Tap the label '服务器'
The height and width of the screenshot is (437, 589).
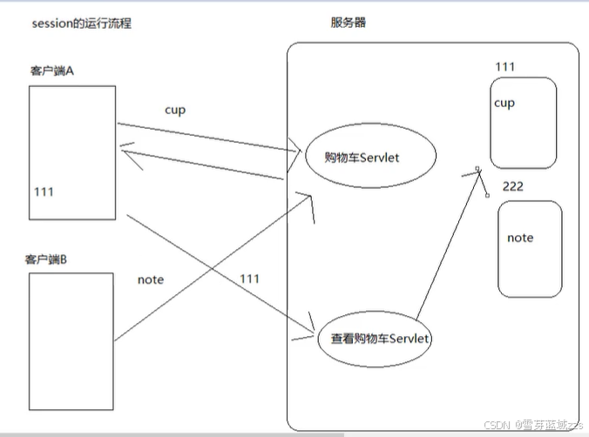(349, 24)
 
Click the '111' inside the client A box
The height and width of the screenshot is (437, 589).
(44, 192)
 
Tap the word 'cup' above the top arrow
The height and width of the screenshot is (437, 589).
(175, 110)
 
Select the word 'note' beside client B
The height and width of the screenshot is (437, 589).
(151, 279)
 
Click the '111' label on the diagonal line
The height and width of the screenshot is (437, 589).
(249, 279)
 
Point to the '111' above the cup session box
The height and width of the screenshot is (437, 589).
(504, 67)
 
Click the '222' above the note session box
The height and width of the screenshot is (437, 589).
(513, 186)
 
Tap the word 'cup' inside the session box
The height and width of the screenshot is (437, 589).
(504, 103)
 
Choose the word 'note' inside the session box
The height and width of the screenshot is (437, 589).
(520, 238)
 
